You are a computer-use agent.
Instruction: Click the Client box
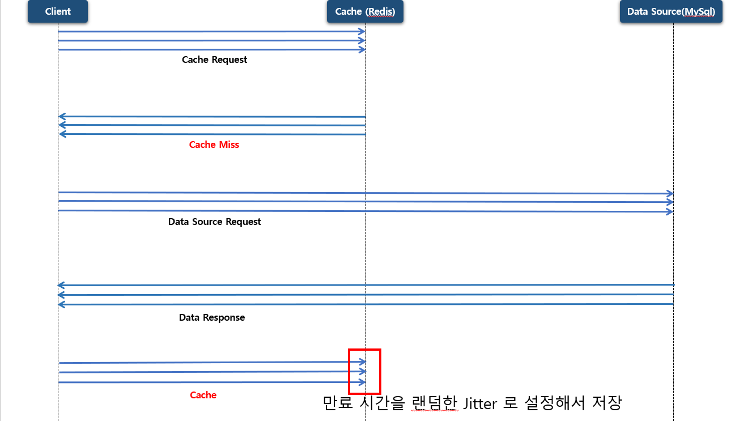pyautogui.click(x=58, y=11)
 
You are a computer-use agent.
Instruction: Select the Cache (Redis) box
pyautogui.click(x=365, y=11)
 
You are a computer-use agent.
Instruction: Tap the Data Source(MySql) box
pyautogui.click(x=671, y=11)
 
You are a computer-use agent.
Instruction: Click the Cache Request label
pyautogui.click(x=214, y=59)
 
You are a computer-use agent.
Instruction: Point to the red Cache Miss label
pyautogui.click(x=214, y=144)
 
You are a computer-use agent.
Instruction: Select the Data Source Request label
pyautogui.click(x=214, y=222)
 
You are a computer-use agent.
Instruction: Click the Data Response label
pyautogui.click(x=212, y=317)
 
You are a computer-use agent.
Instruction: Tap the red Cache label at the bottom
pyautogui.click(x=203, y=395)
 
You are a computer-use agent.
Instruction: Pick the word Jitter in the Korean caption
pyautogui.click(x=480, y=403)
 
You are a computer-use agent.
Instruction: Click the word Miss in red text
pyautogui.click(x=229, y=144)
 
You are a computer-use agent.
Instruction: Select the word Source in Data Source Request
pyautogui.click(x=207, y=222)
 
